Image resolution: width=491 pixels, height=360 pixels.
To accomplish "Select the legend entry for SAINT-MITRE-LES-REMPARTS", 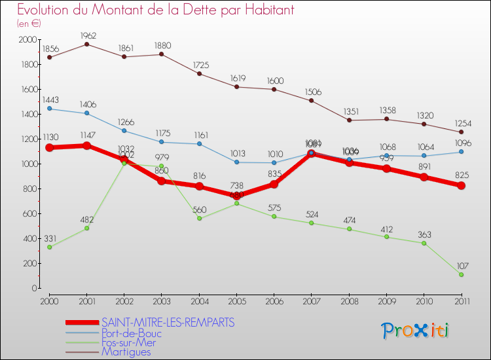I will tap(168, 323).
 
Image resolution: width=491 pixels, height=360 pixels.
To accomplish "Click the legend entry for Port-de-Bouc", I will tap(132, 333).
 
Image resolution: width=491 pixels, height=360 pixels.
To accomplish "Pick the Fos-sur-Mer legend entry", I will tap(129, 342).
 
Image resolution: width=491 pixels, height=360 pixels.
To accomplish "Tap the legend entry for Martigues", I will tap(126, 351).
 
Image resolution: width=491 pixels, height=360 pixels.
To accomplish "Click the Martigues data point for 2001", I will tap(87, 44).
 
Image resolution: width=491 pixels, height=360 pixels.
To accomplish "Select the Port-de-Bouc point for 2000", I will tap(50, 109).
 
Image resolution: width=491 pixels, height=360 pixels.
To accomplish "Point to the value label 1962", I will tap(87, 35).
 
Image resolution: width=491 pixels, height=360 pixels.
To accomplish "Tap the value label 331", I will tap(50, 238).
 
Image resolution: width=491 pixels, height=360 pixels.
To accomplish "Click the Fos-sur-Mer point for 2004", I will tap(199, 219).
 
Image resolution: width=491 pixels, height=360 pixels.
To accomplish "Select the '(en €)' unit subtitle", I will tap(29, 24).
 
